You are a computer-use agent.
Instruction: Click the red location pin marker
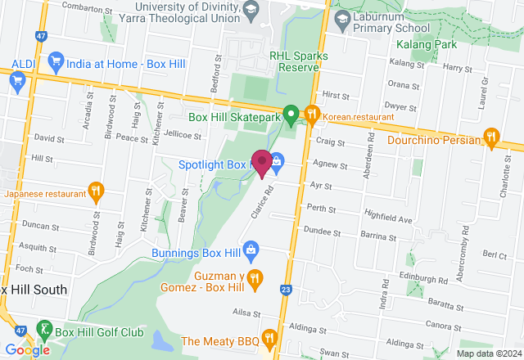[x=262, y=163]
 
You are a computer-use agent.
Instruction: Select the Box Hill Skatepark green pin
[x=290, y=117]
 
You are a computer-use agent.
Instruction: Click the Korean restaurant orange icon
[x=311, y=115]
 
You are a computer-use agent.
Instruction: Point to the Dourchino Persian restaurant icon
[x=491, y=136]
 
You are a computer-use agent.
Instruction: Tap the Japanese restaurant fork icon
[x=96, y=192]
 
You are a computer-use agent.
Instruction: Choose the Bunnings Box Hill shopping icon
[x=251, y=248]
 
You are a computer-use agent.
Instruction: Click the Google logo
[x=26, y=349]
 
